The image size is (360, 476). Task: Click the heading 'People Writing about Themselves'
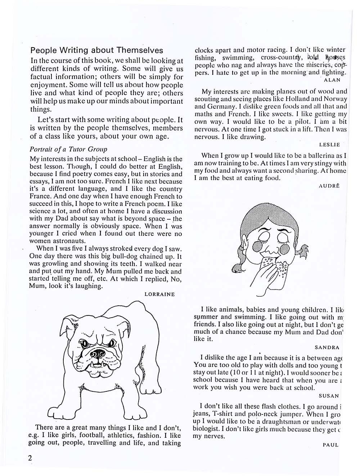click(96, 50)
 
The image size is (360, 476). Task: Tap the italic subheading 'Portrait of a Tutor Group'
click(68, 149)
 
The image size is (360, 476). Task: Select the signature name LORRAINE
click(159, 294)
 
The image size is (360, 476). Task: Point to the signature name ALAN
click(332, 80)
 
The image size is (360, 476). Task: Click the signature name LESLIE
click(329, 144)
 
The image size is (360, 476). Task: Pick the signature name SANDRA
click(327, 347)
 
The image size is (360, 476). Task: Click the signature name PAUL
click(330, 445)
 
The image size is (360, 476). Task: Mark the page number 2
click(30, 458)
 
